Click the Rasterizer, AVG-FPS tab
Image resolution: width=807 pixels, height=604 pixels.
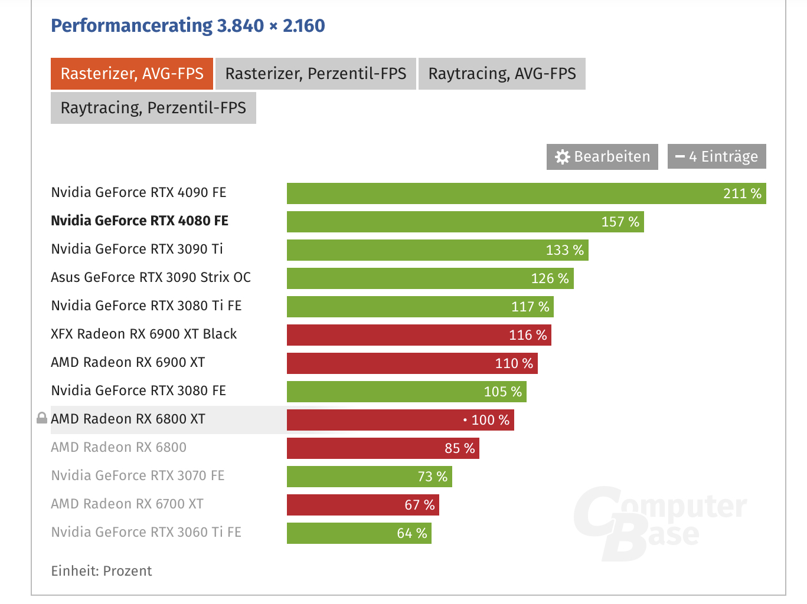click(132, 74)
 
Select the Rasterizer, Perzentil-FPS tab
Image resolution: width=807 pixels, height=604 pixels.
click(315, 74)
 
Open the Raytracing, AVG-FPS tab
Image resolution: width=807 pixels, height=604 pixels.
click(502, 74)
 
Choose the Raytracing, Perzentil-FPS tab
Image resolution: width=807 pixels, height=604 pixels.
click(153, 108)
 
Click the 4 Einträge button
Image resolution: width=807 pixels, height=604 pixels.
click(717, 157)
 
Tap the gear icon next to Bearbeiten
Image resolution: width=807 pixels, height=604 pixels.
click(563, 157)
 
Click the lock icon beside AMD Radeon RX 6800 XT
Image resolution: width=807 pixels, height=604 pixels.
click(42, 419)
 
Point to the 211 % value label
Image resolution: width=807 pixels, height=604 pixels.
click(742, 193)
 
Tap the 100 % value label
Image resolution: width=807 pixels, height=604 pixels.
click(490, 420)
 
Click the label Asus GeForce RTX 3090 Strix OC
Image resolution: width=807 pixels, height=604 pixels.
click(151, 277)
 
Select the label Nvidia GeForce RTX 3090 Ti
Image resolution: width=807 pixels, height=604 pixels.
click(137, 249)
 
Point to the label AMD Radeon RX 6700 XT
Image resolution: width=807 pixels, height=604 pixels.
click(127, 504)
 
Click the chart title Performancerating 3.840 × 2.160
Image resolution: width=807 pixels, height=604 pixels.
click(188, 25)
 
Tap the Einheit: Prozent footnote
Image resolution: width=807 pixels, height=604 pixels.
click(102, 571)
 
